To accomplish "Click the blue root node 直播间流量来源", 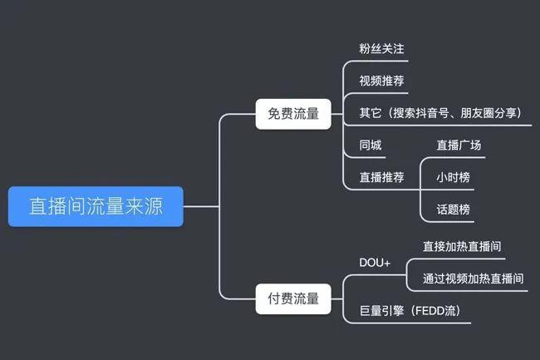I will pyautogui.click(x=96, y=206).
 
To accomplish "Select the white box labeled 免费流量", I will pyautogui.click(x=293, y=114).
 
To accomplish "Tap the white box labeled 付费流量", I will pyautogui.click(x=293, y=298).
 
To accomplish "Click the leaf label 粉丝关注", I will pyautogui.click(x=381, y=49).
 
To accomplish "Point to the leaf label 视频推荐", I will pyautogui.click(x=381, y=81).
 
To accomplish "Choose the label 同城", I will pyautogui.click(x=371, y=145).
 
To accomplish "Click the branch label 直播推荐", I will pyautogui.click(x=381, y=177).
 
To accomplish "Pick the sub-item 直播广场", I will pyautogui.click(x=459, y=145).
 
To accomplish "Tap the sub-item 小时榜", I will pyautogui.click(x=454, y=177).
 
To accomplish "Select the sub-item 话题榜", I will pyautogui.click(x=454, y=210).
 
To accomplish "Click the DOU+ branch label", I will pyautogui.click(x=375, y=263).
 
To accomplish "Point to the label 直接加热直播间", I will pyautogui.click(x=462, y=246).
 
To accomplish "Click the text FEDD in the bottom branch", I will pyautogui.click(x=434, y=312).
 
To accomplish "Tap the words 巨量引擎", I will pyautogui.click(x=381, y=312).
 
